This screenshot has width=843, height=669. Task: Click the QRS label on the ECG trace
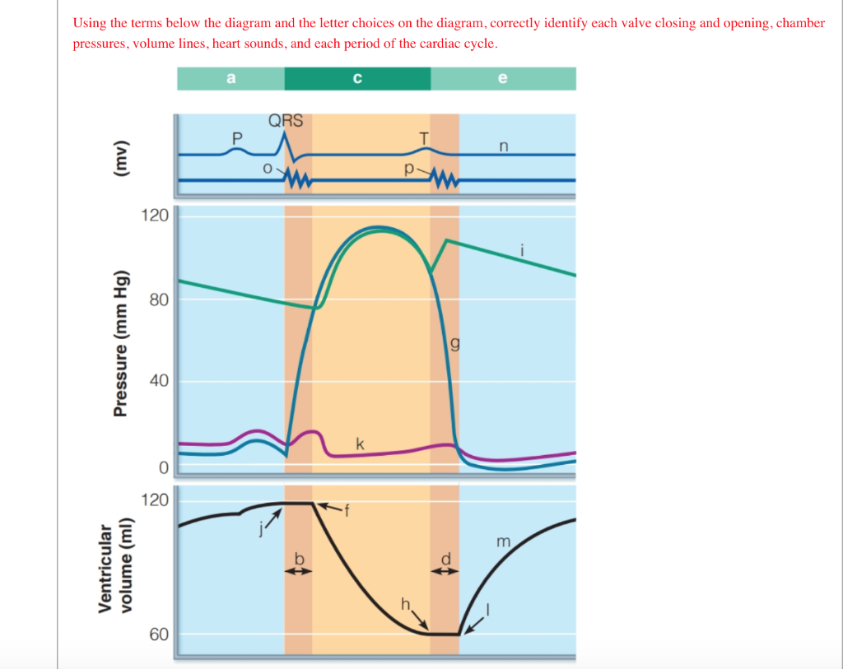coord(286,121)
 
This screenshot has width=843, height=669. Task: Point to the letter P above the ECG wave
coord(237,137)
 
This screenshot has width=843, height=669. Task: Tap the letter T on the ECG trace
coord(424,138)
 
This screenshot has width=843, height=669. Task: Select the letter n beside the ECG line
coord(504,146)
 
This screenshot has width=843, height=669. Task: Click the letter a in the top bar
coord(231,78)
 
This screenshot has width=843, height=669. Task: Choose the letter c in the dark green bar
coord(356,78)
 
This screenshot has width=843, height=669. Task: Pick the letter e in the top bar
coord(503,78)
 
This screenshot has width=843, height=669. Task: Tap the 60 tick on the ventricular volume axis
coord(159,634)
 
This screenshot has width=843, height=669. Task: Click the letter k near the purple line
coord(360,444)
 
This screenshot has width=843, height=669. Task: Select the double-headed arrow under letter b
coord(299,574)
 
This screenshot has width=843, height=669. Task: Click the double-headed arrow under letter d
coord(445,574)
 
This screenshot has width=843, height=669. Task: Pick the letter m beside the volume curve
coord(504,541)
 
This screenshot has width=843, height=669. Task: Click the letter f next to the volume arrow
coord(347,510)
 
